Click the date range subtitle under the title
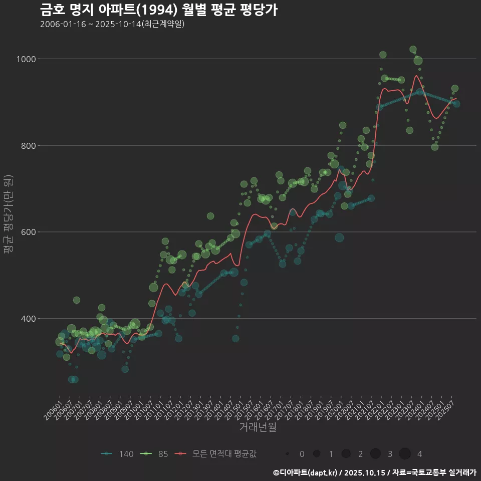tap(112, 24)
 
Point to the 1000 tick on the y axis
tap(26, 59)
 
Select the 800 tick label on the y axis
tap(28, 146)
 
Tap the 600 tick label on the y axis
tap(28, 232)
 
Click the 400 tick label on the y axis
tap(28, 319)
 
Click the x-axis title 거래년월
tap(258, 427)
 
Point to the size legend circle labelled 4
tap(405, 454)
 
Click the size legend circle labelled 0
tap(287, 454)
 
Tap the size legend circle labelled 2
tap(346, 454)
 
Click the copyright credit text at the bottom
tap(375, 472)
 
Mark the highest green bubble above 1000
tap(413, 50)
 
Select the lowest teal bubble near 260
tap(73, 379)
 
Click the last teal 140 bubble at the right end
tap(456, 104)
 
